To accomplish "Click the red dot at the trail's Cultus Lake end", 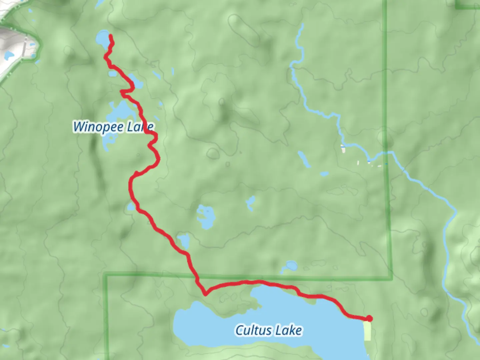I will coord(369,318).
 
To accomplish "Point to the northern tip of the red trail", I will coord(110,36).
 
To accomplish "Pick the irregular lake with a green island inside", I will coord(205,216).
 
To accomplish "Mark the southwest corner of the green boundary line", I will coord(106,275).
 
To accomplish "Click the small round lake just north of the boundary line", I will coord(291,266).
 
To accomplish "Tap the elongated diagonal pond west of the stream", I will coord(304,159).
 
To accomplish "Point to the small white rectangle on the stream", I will coord(343,149).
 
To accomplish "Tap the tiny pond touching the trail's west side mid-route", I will coord(131,207).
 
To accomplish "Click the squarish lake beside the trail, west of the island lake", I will coord(184,241).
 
